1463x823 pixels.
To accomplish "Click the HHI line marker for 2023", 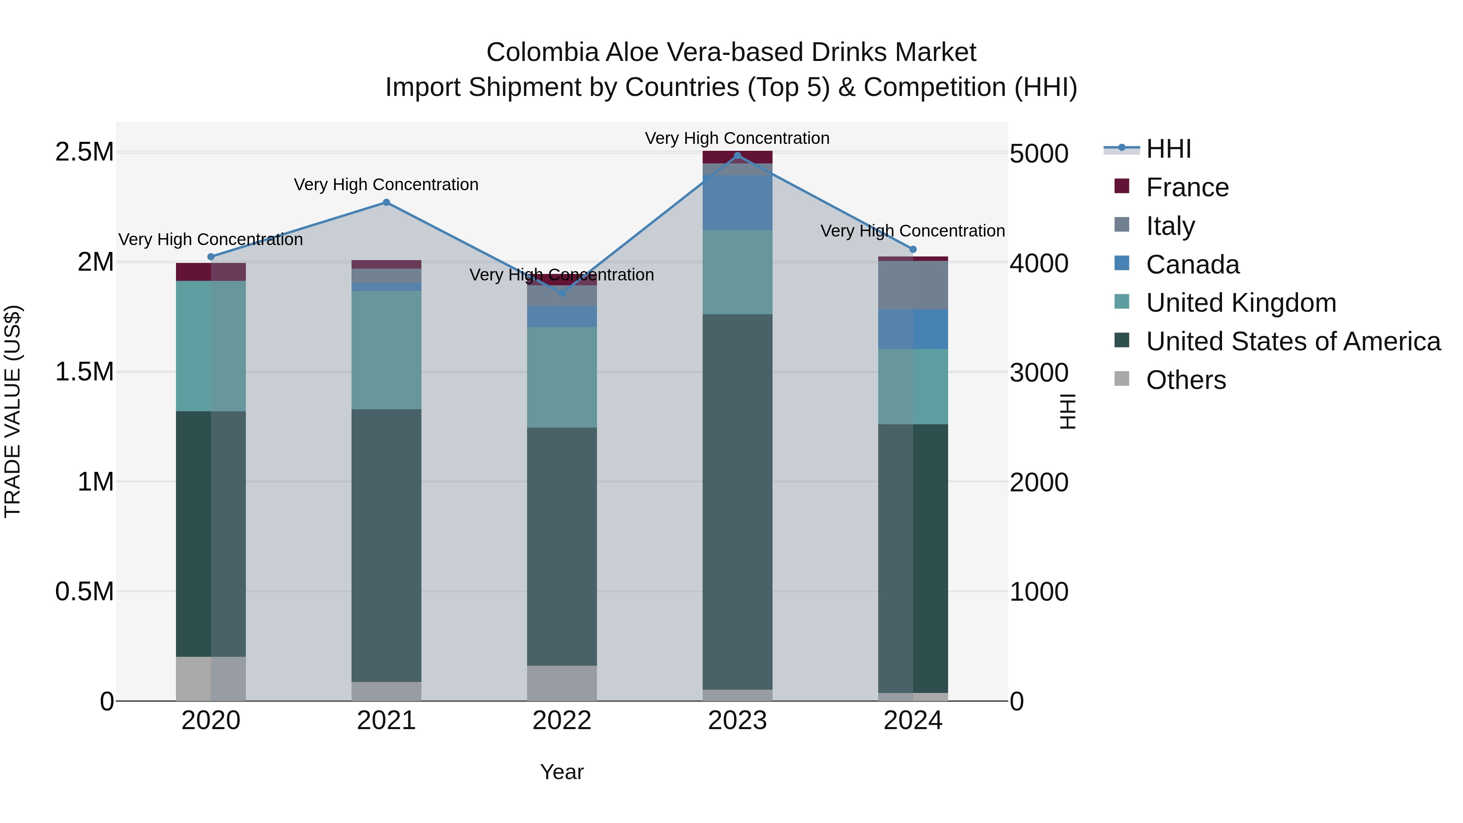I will (737, 156).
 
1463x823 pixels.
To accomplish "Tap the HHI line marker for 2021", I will (386, 202).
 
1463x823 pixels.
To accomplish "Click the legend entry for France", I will (1187, 187).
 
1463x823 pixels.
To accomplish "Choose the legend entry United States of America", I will (1293, 341).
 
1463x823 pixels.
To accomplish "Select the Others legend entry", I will (1186, 380).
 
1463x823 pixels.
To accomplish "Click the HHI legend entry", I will (1168, 149).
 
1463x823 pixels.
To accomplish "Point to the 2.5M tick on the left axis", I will (84, 152).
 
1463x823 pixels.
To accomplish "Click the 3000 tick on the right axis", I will (1039, 373).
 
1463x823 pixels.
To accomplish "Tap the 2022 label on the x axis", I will (562, 721).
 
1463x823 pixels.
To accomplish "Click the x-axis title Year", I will (562, 772).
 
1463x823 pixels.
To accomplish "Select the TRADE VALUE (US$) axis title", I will (13, 411).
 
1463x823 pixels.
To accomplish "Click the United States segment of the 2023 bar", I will (737, 500).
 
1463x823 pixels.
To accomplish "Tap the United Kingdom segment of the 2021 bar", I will (386, 349).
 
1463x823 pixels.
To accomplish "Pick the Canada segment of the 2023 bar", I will (737, 202).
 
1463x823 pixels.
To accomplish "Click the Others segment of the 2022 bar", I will (562, 683).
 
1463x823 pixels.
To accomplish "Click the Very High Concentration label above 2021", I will (386, 185).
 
